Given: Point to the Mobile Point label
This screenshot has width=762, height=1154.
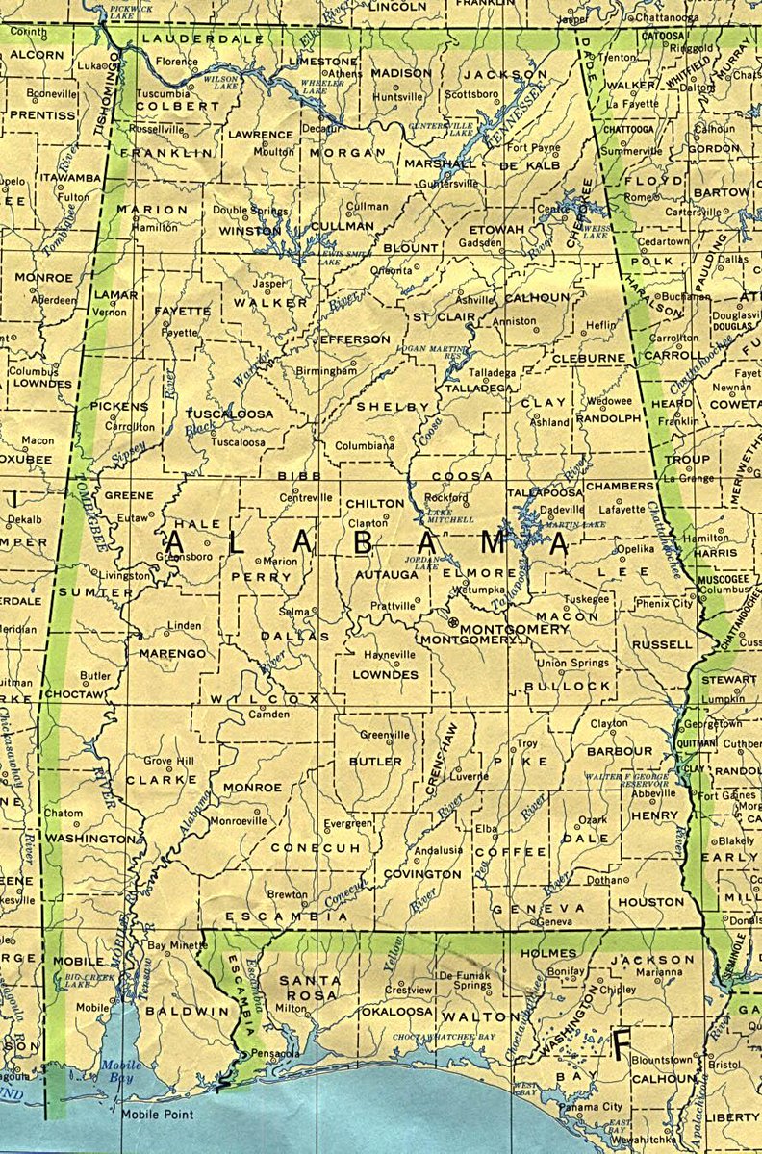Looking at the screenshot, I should click(x=157, y=1115).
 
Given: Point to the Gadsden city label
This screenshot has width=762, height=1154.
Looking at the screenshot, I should click(x=481, y=244).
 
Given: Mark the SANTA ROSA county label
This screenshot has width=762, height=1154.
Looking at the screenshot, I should click(x=310, y=987).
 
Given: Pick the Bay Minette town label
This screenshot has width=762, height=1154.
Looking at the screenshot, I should click(x=176, y=946).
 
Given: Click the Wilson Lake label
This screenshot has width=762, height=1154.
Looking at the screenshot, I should click(x=220, y=83).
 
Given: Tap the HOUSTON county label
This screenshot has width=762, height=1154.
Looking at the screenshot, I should click(x=651, y=902).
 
